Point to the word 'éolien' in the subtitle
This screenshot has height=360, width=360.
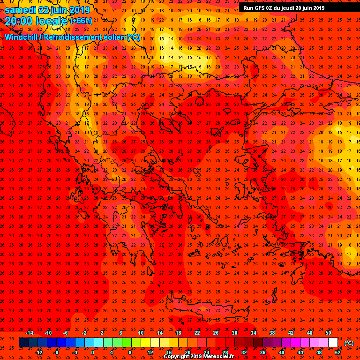[x=111, y=37]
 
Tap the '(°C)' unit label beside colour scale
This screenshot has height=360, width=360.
[x=349, y=343]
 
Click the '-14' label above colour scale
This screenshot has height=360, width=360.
[x=29, y=333]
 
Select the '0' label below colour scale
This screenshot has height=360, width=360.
[x=92, y=352]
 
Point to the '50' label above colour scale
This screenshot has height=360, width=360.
[x=328, y=333]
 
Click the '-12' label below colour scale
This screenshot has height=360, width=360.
[x=38, y=352]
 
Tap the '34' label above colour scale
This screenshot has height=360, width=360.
[x=253, y=333]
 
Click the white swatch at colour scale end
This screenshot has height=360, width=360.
[x=333, y=343]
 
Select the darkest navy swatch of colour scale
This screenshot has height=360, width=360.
[x=24, y=343]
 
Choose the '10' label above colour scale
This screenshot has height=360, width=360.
[x=141, y=333]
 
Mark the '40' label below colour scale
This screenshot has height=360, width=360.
[x=281, y=352]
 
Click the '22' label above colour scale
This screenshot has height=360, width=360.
[x=197, y=333]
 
